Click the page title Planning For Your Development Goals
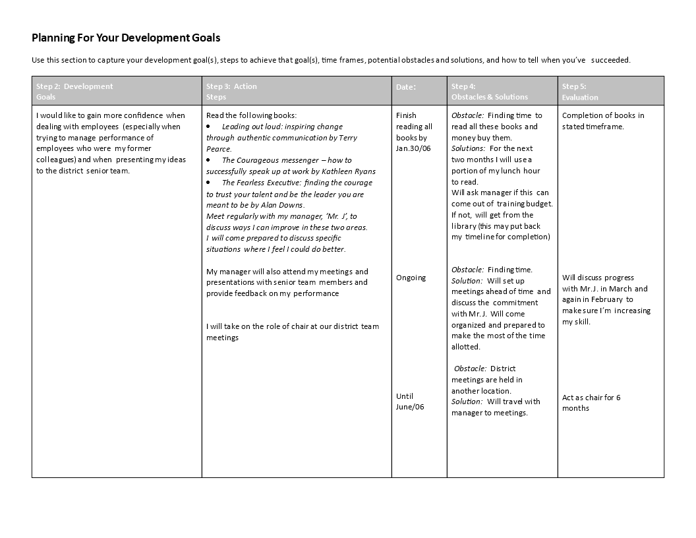[x=126, y=38]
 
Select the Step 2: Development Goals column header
[x=74, y=91]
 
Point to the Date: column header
[x=405, y=87]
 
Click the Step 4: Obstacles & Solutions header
[x=489, y=91]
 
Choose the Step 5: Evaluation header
[x=580, y=91]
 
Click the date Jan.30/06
[x=413, y=148]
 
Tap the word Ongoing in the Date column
[x=411, y=278]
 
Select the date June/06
[x=410, y=407]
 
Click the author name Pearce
[x=219, y=149]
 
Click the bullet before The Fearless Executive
[x=209, y=183]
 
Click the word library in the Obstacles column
[x=464, y=225]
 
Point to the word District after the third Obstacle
[x=503, y=369]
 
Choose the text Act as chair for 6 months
[x=591, y=402]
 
